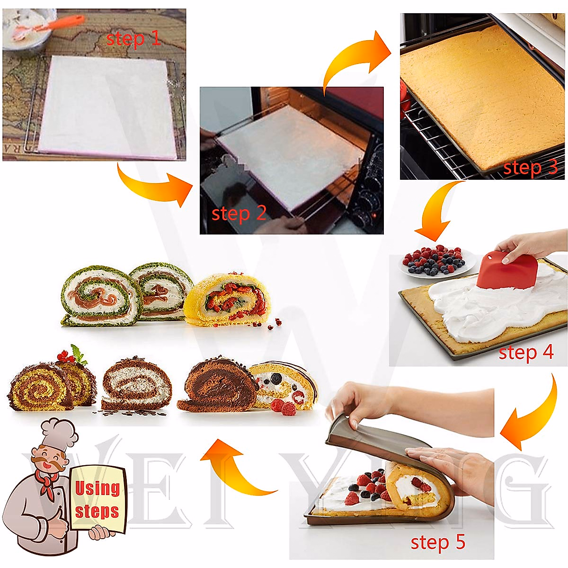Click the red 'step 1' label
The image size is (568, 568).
coord(133,38)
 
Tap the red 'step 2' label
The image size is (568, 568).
coord(239,213)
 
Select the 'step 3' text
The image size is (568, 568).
coord(530,168)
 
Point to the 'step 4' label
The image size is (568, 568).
coord(525,352)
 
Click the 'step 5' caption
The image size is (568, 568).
coord(438,542)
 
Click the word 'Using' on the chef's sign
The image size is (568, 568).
coord(97,488)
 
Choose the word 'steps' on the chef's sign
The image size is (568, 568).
coord(97,511)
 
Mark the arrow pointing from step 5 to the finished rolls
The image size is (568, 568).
coord(232,469)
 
